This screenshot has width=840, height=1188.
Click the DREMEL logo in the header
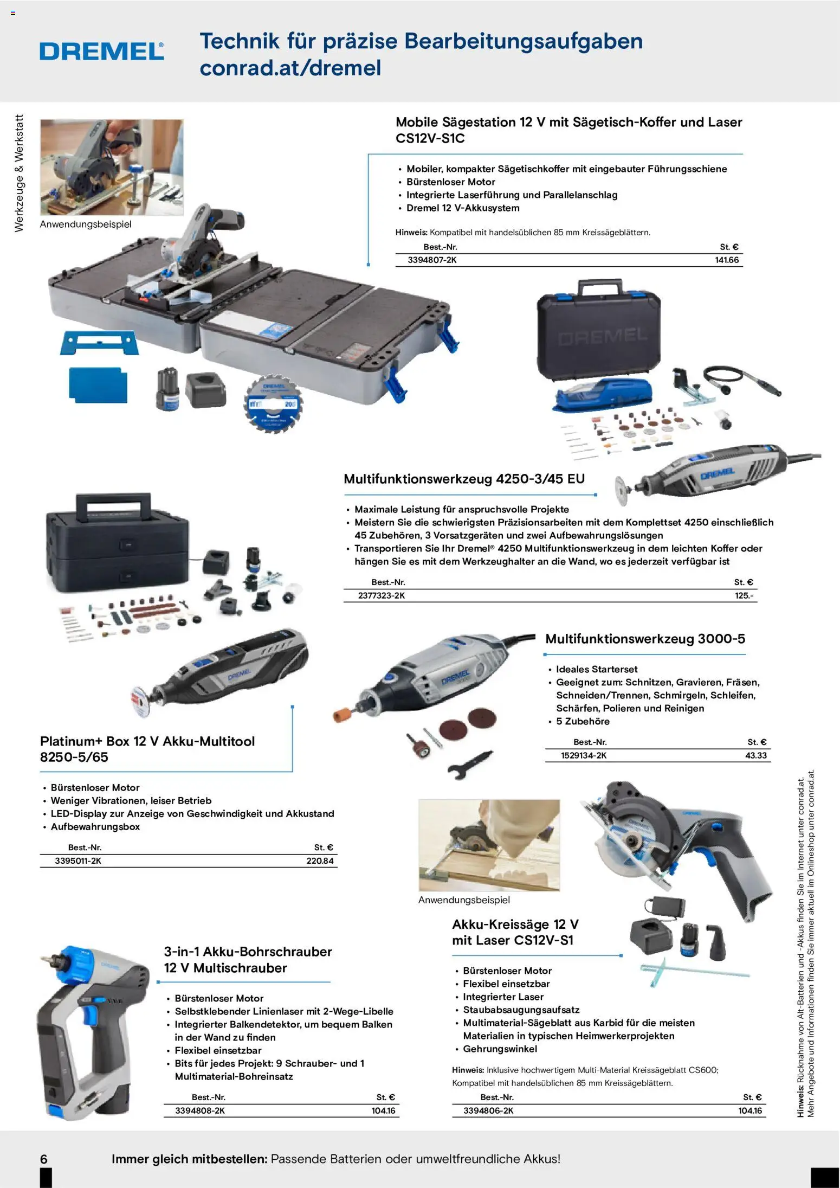point(102,52)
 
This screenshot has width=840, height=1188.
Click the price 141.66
point(727,260)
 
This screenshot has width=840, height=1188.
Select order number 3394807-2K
point(432,260)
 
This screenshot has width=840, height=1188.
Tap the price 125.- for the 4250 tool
point(744,595)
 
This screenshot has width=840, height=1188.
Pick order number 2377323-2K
point(382,595)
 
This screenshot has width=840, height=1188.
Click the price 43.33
point(756,755)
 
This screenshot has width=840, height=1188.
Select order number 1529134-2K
point(584,755)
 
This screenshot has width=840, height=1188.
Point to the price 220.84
point(320,861)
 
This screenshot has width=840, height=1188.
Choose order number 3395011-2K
point(78,861)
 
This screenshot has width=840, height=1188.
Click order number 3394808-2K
point(200,1110)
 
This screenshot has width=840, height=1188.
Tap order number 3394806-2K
point(488,1110)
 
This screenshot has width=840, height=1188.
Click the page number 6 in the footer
point(44,1159)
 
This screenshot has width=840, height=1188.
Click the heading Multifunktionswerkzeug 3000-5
point(645,639)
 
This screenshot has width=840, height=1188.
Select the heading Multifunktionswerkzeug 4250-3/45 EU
point(464,479)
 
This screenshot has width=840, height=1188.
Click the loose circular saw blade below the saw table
point(274,404)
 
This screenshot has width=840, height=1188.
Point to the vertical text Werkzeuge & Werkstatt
point(19,174)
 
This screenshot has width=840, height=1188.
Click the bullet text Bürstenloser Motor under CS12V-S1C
point(451,182)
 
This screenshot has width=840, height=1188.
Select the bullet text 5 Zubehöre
point(583,721)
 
